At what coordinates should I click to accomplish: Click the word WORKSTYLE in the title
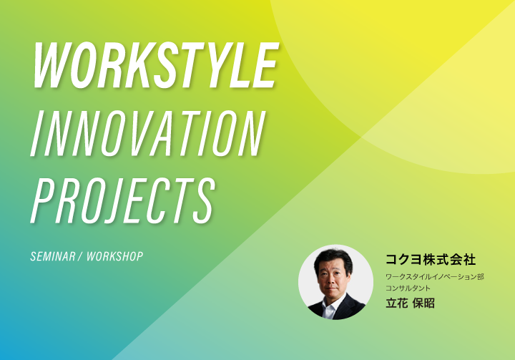coord(156,65)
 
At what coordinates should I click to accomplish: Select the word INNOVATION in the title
coord(148,133)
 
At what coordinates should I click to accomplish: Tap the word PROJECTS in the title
coord(123,200)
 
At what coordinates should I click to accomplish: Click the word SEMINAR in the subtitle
coord(53,256)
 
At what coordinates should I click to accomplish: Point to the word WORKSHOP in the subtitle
coord(115,256)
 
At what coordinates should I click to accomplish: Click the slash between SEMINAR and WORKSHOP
coord(81,256)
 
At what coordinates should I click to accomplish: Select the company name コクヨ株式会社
coord(431,259)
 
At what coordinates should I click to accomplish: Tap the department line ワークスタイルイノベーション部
coord(435,277)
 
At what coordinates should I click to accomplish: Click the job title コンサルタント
coord(408,288)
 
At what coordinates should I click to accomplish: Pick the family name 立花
coord(397,303)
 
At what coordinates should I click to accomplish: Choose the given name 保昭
coord(423,303)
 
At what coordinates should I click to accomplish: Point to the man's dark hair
coord(333,258)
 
